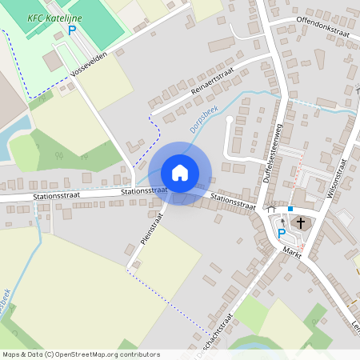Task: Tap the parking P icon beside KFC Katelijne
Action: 71,30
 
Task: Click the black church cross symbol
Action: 301,222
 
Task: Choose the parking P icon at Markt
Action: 282,233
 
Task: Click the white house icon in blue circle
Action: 180,173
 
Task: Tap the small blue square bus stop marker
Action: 290,209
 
